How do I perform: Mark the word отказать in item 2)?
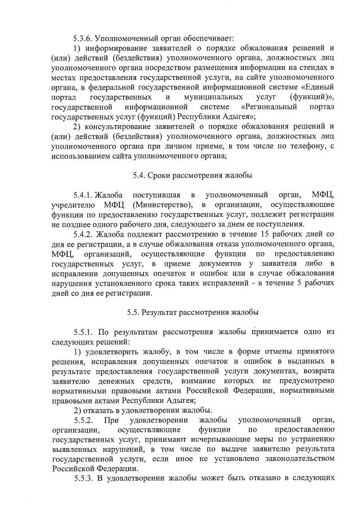click(x=100, y=409)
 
